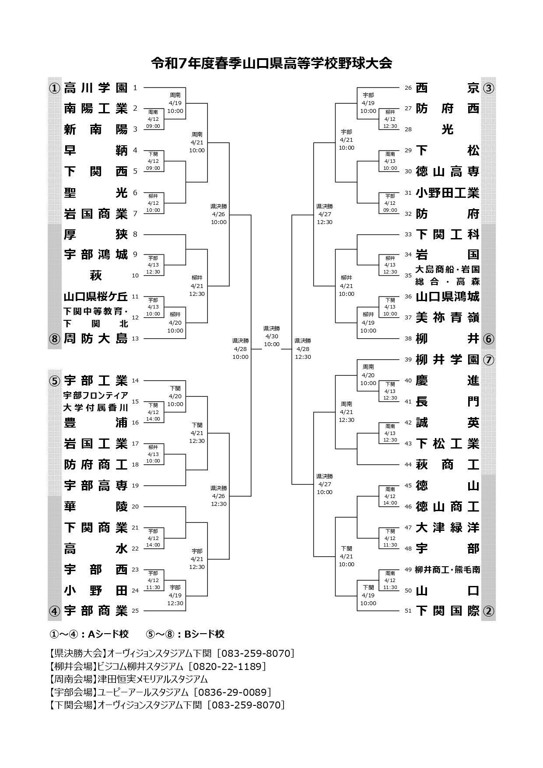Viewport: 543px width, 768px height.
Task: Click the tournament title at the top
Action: tap(271, 63)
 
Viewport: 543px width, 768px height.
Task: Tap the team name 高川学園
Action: tap(96, 88)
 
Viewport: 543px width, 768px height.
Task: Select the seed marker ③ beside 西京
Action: tap(488, 88)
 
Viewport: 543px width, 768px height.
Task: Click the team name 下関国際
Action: tap(448, 611)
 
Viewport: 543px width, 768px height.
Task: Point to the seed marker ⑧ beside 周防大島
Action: tap(54, 339)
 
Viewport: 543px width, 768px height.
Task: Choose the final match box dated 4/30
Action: tap(271, 337)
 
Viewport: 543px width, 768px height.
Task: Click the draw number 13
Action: tap(135, 338)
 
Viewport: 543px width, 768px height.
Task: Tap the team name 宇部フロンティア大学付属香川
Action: tap(96, 402)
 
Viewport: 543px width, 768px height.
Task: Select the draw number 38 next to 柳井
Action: tap(408, 338)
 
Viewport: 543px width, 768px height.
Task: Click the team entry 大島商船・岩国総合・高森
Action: tap(448, 275)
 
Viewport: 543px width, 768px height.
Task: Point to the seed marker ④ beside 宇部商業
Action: tap(54, 611)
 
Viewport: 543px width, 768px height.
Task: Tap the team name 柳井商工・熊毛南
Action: tap(448, 569)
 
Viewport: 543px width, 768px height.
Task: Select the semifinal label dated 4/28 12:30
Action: tap(303, 349)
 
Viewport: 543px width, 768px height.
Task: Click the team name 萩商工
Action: tap(448, 464)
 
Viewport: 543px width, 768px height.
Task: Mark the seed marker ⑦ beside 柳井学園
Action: tap(488, 360)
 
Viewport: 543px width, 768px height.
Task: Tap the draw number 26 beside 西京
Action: tap(408, 88)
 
